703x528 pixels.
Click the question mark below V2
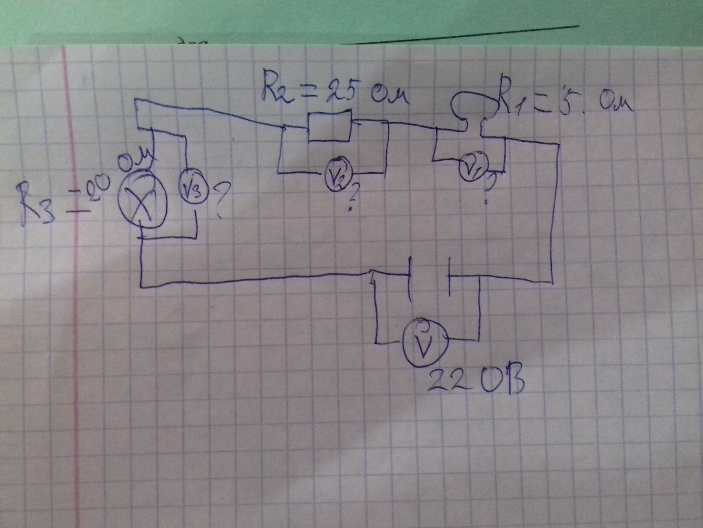tap(351, 199)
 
